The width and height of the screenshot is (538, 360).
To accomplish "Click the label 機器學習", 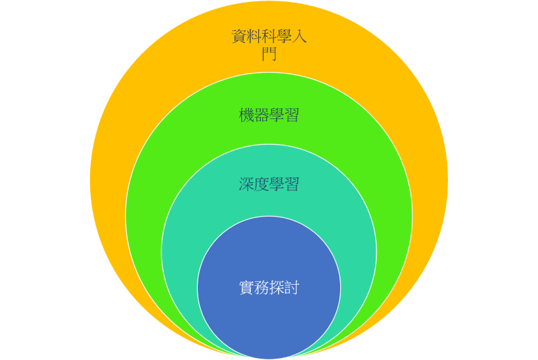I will coord(269,115).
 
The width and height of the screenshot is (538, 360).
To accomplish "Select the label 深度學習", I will coord(269,184).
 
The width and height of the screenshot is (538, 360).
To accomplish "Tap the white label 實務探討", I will coord(269,288).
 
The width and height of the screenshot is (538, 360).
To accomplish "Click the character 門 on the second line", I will coord(269,54).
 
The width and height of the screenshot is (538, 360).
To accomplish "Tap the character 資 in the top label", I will coord(239,36).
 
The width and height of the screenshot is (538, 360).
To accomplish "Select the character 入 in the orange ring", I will coord(299,36).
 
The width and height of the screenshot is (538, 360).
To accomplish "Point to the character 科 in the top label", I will coord(269,36).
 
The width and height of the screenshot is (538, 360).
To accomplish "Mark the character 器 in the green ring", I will coord(262,115).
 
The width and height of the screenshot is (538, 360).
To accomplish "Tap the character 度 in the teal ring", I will coord(262,184).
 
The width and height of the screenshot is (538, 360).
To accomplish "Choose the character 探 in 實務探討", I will coord(276,288).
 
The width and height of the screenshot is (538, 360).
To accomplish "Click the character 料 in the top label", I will coord(254,36).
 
